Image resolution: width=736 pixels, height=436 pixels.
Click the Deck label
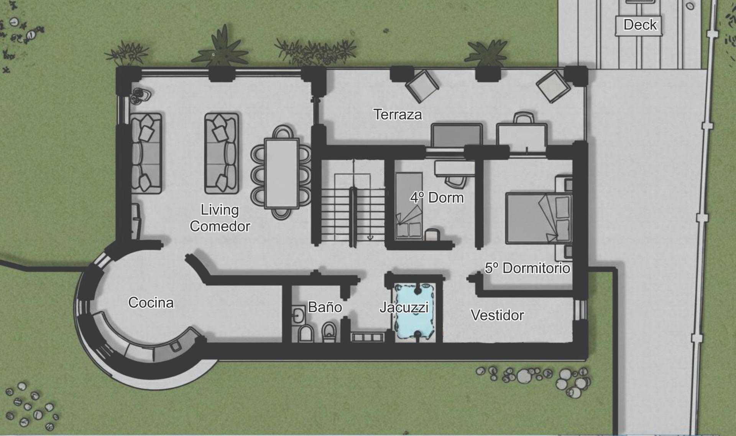click(640, 25)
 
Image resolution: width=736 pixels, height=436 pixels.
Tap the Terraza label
click(398, 114)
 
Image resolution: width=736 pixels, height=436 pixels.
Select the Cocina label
click(151, 302)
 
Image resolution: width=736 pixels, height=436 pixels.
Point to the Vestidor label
click(497, 315)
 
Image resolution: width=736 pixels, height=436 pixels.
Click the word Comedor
click(220, 226)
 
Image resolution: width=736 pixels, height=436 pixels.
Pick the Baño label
click(325, 307)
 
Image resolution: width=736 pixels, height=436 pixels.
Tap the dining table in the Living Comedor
click(282, 173)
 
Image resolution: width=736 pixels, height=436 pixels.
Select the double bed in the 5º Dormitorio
click(539, 218)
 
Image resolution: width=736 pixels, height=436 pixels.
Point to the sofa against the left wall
click(146, 153)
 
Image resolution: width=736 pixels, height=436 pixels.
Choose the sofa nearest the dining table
click(221, 153)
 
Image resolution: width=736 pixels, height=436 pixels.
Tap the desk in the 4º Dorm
click(454, 168)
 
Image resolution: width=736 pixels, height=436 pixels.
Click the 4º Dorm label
click(437, 198)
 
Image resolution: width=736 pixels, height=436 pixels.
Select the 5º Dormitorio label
click(527, 268)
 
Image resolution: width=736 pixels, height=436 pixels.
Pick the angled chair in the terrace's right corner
click(553, 86)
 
